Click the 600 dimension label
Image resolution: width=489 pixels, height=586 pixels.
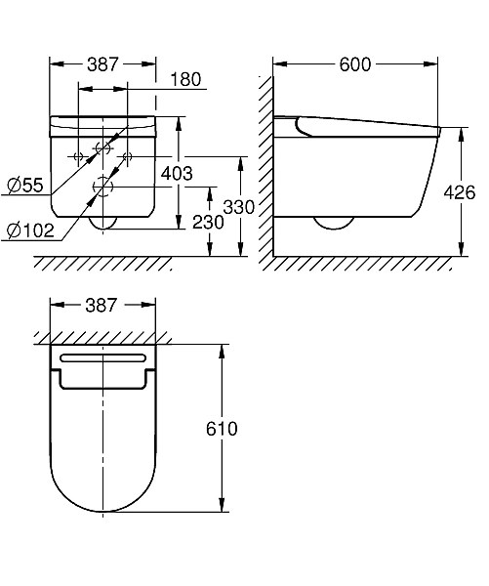click(355, 64)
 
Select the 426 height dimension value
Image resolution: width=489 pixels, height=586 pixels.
click(460, 192)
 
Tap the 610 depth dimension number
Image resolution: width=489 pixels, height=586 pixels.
click(222, 429)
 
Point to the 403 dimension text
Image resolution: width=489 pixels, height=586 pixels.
click(177, 174)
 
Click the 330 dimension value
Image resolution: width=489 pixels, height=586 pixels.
click(239, 207)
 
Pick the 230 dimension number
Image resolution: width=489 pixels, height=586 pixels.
click(208, 223)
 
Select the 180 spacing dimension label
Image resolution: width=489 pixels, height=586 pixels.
click(185, 79)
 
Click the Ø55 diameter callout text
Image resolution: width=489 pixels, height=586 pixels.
click(25, 185)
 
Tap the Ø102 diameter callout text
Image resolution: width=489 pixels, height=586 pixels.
click(30, 230)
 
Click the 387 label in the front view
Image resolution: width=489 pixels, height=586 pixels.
click(102, 64)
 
